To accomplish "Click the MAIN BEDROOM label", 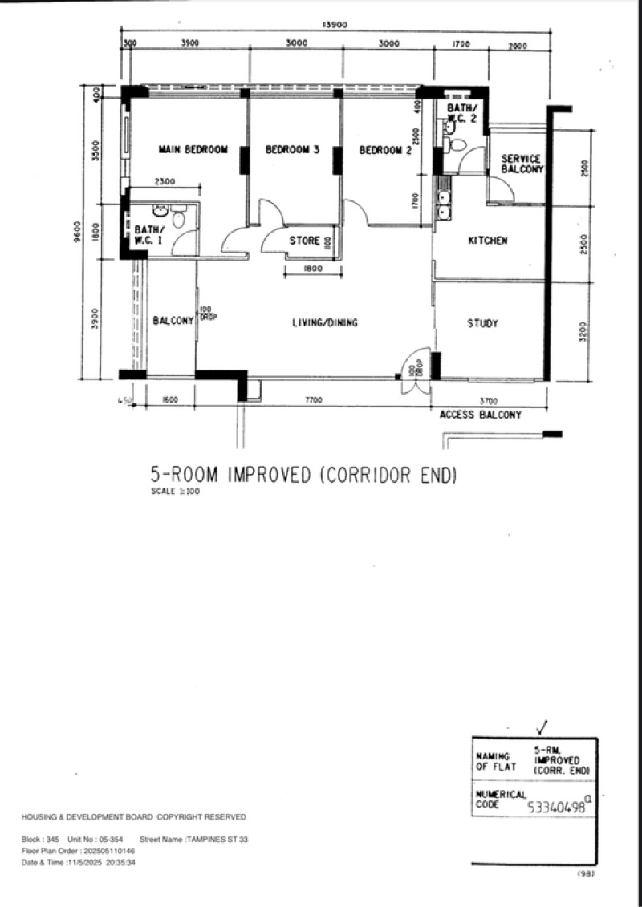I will (193, 149).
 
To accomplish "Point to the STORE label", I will (305, 241).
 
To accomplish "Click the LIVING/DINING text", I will (324, 323).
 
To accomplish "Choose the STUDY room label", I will (482, 323).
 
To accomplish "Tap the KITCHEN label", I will (487, 241).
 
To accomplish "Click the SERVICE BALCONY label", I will (522, 164).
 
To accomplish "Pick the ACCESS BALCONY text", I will (480, 415).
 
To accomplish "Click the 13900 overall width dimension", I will (335, 25).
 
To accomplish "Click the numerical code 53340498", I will (556, 808).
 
